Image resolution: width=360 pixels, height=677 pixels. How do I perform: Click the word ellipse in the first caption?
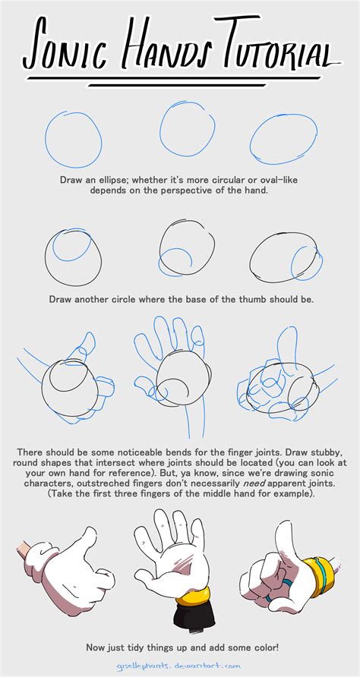[x=115, y=180]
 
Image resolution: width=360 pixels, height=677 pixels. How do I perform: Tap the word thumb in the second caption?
[x=251, y=299]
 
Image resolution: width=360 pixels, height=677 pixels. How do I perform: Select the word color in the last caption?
[x=263, y=647]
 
